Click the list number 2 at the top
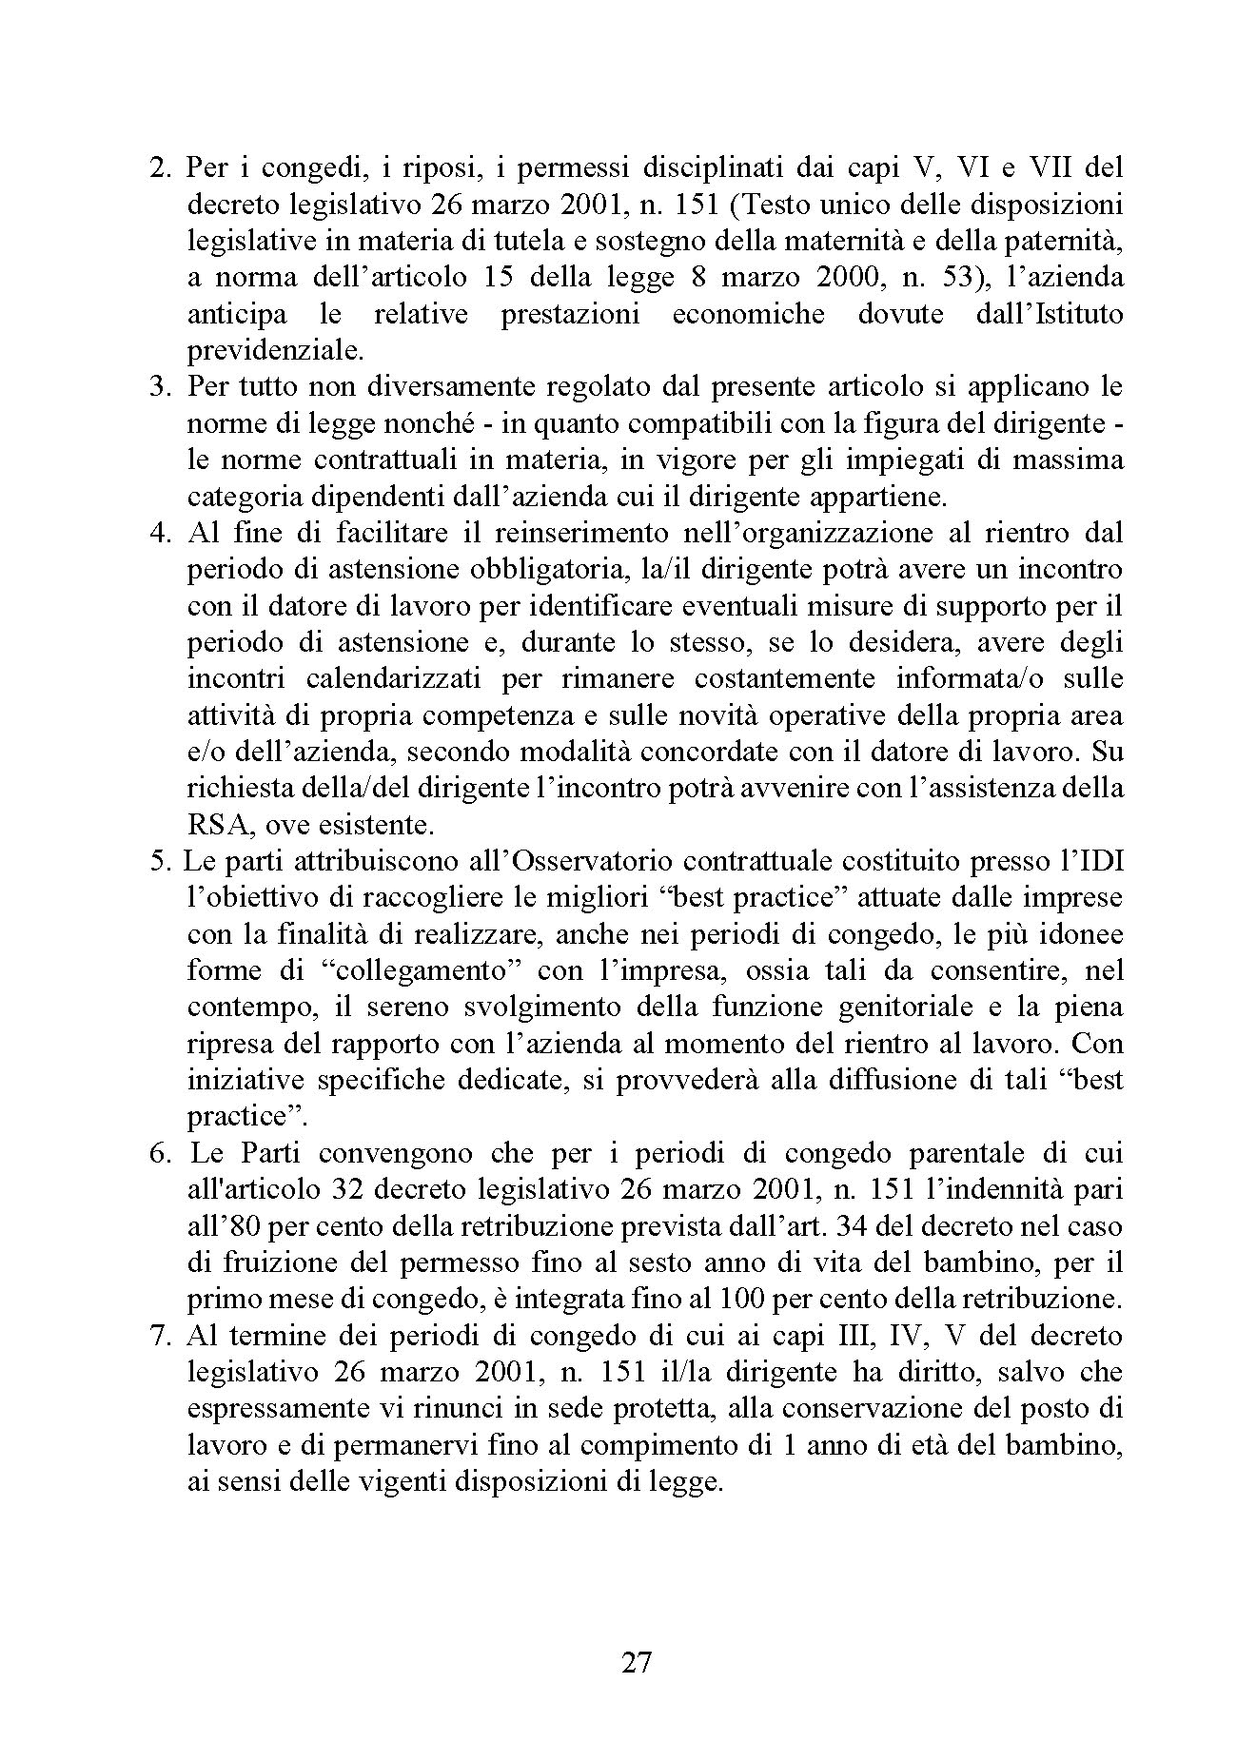pos(160,167)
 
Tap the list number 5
pos(160,861)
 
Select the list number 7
pos(160,1336)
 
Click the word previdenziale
pos(275,351)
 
